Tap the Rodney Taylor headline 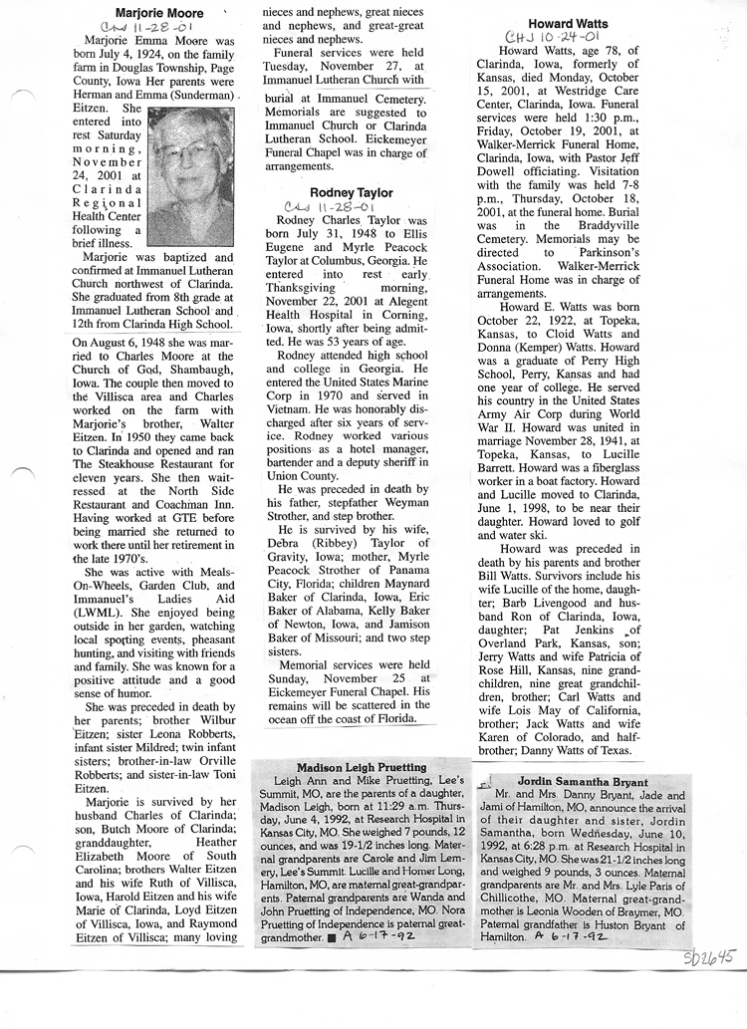coord(351,192)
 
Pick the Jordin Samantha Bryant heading coord(583,782)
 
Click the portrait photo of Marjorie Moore coord(190,176)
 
